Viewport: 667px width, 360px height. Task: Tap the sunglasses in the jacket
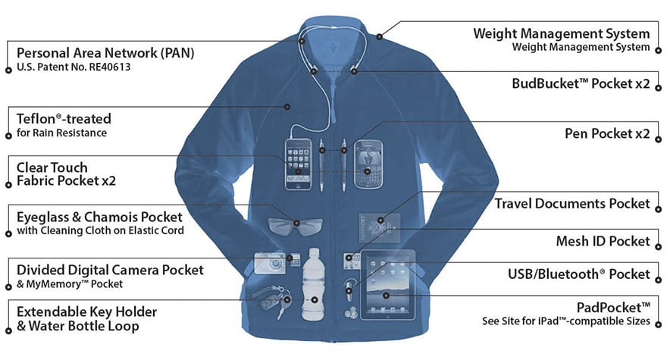click(295, 226)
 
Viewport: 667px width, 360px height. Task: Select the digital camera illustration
click(270, 263)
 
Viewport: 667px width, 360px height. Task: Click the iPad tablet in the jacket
click(387, 285)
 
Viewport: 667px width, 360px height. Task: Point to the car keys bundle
click(272, 299)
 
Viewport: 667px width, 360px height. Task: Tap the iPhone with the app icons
click(298, 164)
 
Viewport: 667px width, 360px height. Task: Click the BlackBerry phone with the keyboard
click(368, 164)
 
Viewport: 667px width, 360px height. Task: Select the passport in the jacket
click(380, 227)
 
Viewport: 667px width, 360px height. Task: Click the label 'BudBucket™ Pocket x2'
click(581, 83)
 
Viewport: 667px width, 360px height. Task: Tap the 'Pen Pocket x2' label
click(607, 133)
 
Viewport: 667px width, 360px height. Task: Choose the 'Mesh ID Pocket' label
click(603, 241)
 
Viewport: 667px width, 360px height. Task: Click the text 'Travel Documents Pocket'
click(572, 203)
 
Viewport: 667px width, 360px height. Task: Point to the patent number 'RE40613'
click(109, 67)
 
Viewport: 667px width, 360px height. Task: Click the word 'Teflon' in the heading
click(36, 119)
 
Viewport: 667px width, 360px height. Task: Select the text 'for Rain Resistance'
click(61, 133)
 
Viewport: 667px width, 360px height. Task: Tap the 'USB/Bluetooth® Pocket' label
click(579, 274)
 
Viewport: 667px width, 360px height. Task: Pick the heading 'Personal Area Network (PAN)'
click(105, 53)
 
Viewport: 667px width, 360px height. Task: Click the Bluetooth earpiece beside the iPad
click(349, 288)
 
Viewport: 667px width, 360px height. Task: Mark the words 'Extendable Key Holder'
click(86, 312)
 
